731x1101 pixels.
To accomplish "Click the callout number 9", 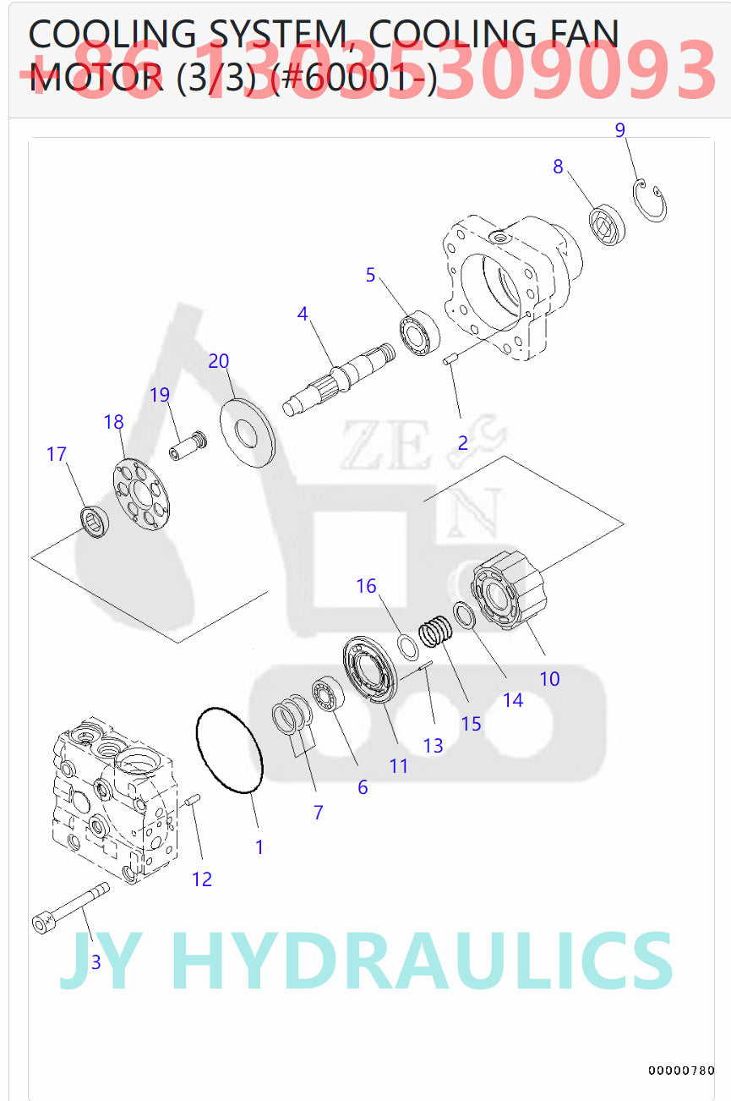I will pyautogui.click(x=619, y=130).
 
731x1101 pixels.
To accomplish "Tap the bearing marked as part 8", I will pyautogui.click(x=606, y=223).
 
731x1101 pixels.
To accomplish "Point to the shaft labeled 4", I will pyautogui.click(x=338, y=377).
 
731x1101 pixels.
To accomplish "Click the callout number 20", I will pyautogui.click(x=218, y=361).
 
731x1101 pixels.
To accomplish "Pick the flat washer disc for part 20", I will pyautogui.click(x=248, y=430).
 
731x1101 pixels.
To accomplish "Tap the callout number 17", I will pyautogui.click(x=56, y=454).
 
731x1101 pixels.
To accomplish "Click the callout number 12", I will pyautogui.click(x=201, y=879).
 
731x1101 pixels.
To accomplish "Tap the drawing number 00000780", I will pyautogui.click(x=681, y=1071).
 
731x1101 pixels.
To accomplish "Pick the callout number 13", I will pyautogui.click(x=433, y=746).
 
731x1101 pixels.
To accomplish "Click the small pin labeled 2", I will pyautogui.click(x=450, y=361).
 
